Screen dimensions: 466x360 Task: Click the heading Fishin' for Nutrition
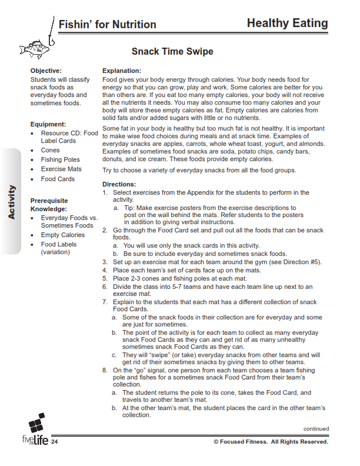click(107, 24)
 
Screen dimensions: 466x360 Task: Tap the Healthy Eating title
click(287, 23)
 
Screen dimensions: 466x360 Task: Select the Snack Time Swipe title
click(172, 52)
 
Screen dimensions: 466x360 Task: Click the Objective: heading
click(46, 71)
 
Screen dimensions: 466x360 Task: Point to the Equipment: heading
click(48, 124)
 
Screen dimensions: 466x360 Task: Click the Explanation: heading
click(122, 71)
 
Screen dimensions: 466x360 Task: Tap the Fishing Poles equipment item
click(60, 159)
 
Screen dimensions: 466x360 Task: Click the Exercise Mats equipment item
click(61, 169)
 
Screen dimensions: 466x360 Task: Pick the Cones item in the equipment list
click(50, 150)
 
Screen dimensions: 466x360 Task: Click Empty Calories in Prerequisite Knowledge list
click(62, 235)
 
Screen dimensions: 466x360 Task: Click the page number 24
click(55, 442)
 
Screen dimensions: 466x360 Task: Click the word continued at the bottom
click(316, 429)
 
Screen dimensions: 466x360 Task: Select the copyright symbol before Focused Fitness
click(216, 442)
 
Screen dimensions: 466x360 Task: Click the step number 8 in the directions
click(105, 370)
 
